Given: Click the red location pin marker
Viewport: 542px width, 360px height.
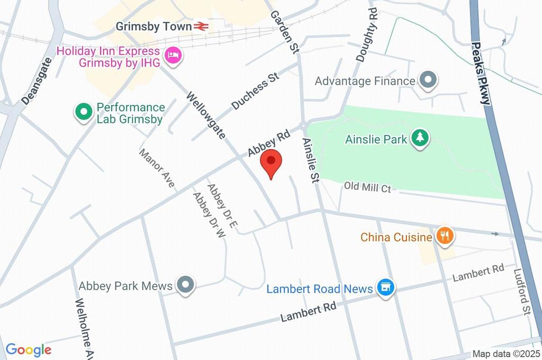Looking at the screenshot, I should pos(271,163).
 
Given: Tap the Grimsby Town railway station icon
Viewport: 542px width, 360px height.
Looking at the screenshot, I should pos(201,26).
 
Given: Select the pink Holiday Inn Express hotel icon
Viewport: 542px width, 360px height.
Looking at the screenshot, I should pos(173,55).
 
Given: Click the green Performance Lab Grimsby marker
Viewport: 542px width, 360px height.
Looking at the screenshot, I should pos(83,112).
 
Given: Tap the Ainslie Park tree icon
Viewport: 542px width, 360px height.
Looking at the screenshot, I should pos(421,138).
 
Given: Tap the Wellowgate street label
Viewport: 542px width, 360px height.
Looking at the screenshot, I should pos(207,115).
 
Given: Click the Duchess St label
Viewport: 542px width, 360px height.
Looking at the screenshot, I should pos(255,92).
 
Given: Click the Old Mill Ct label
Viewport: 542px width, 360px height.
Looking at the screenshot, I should pos(367,187).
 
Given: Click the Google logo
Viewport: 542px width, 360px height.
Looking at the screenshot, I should pos(29,350).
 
